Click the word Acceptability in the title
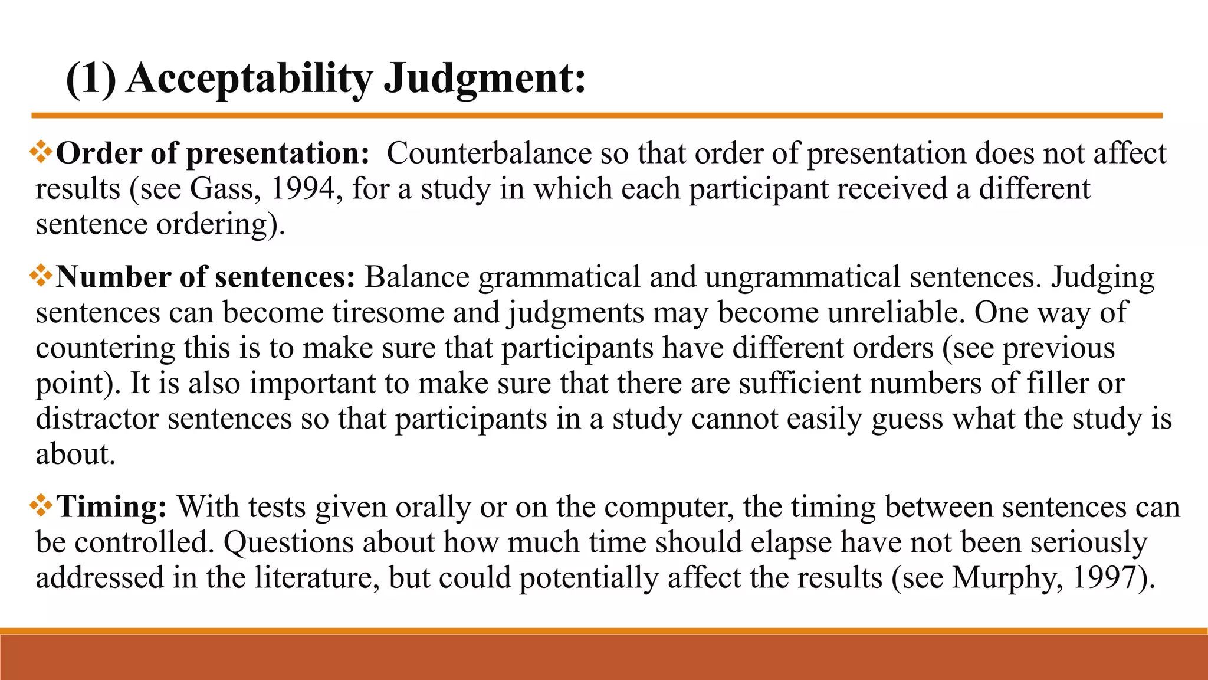click(x=249, y=79)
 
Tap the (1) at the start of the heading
click(x=91, y=79)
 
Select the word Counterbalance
click(x=489, y=153)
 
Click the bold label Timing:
click(x=111, y=507)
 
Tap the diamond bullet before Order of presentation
click(x=41, y=152)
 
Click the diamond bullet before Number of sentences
click(x=41, y=276)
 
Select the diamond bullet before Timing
click(x=41, y=506)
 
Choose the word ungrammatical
click(x=802, y=277)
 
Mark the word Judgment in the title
click(x=485, y=79)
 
